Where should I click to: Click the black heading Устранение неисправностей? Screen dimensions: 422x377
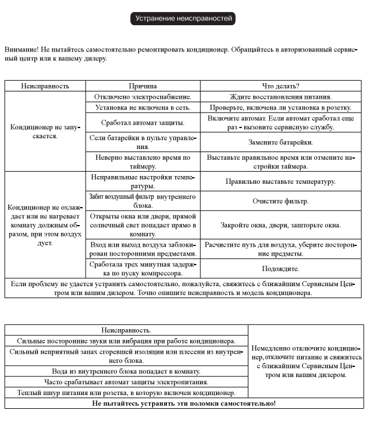(x=183, y=19)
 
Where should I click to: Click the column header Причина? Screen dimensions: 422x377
(x=143, y=86)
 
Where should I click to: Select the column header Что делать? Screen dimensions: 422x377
(x=281, y=86)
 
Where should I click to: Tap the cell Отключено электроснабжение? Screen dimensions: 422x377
(x=143, y=96)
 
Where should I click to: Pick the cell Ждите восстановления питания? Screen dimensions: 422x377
(x=281, y=96)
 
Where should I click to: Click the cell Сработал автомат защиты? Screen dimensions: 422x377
(x=143, y=123)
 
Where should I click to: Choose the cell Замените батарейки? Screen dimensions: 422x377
(x=281, y=142)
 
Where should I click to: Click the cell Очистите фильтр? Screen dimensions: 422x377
(x=281, y=201)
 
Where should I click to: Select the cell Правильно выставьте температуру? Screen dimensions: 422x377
(x=281, y=182)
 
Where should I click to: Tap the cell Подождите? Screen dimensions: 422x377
(x=281, y=269)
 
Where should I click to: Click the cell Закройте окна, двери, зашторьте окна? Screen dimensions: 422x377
(x=281, y=225)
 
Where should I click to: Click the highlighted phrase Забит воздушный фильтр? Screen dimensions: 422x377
(x=121, y=196)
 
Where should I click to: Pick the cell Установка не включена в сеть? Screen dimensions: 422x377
(x=143, y=108)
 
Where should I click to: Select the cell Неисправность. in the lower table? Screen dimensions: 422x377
(x=126, y=330)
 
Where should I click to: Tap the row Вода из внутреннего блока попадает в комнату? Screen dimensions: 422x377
(x=126, y=371)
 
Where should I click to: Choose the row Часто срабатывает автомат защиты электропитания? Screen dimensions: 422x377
(x=126, y=382)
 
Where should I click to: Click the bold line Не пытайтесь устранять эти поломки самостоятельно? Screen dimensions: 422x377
(x=184, y=403)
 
